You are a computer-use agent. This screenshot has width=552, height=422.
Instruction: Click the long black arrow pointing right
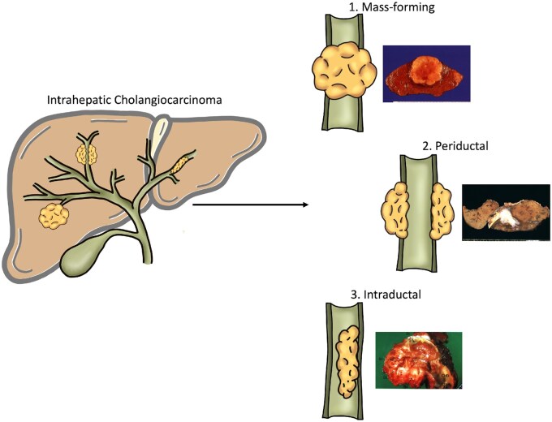[251, 204]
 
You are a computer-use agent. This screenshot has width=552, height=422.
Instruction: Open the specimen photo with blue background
[426, 72]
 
